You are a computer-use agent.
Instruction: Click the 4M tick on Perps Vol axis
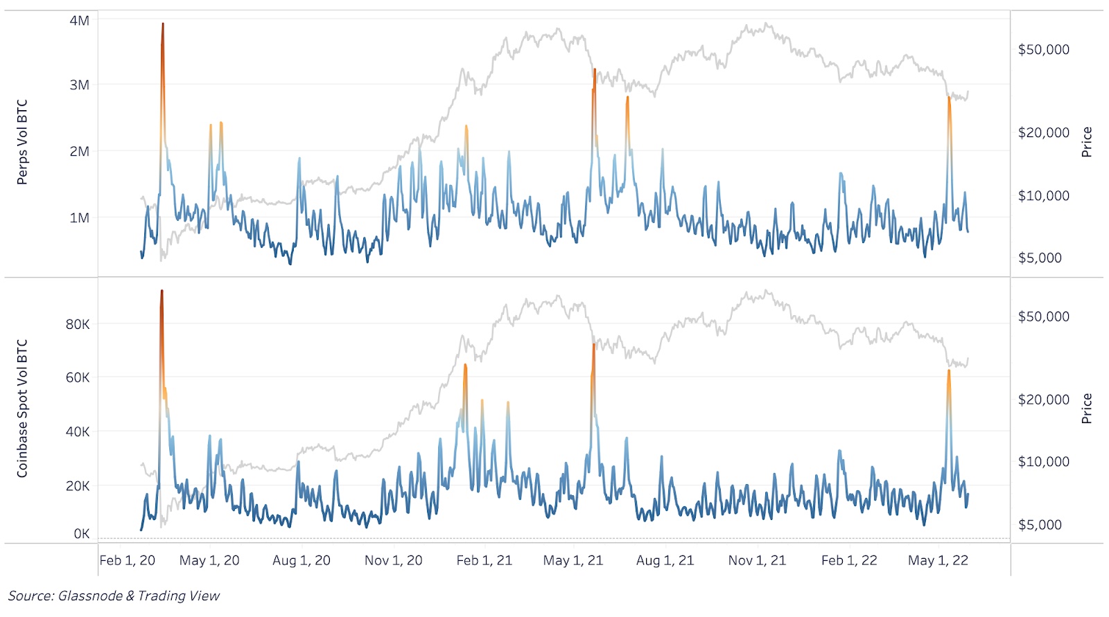pos(79,21)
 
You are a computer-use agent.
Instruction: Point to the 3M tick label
pos(79,85)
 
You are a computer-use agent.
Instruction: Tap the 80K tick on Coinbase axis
pos(78,324)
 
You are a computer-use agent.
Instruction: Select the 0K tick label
pos(81,534)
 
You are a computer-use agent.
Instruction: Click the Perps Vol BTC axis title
pos(22,142)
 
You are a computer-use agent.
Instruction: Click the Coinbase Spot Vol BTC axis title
pos(22,409)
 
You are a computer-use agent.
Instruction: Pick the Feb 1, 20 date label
pos(127,560)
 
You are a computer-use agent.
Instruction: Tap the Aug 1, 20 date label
pos(301,560)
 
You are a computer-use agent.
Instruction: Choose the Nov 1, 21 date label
pos(757,560)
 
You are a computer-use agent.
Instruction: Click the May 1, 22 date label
pos(938,560)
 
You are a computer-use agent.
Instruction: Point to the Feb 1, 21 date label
pos(484,560)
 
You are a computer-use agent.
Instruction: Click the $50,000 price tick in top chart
pos(1043,50)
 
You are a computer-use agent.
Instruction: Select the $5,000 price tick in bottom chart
pos(1040,525)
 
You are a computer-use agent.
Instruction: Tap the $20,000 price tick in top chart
pos(1043,132)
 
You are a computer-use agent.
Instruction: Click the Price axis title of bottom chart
pos(1086,409)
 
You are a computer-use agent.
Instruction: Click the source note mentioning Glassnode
pos(114,596)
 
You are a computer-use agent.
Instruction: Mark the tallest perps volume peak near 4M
pos(163,25)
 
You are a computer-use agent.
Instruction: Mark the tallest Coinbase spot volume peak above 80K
pos(161,292)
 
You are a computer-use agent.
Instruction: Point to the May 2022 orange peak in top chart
pos(949,98)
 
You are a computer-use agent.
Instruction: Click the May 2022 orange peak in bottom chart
pos(948,371)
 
